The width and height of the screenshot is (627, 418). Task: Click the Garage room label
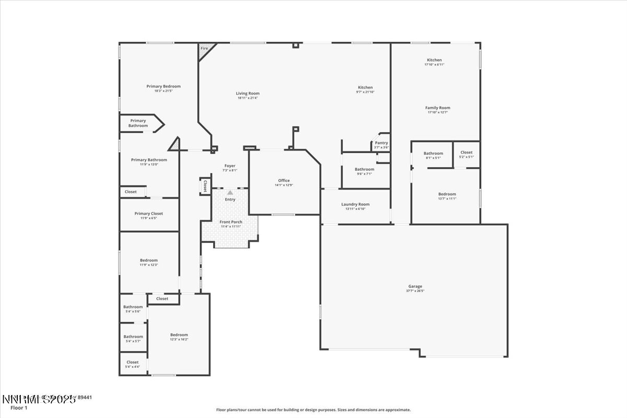click(x=415, y=286)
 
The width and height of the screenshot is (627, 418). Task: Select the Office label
click(x=284, y=181)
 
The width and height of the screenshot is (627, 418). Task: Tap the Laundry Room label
click(x=355, y=204)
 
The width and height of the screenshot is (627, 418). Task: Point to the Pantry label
click(x=381, y=143)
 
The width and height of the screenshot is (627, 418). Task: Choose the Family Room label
click(x=437, y=108)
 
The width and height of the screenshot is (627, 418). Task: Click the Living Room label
click(x=248, y=94)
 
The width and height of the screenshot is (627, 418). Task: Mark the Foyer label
click(x=230, y=166)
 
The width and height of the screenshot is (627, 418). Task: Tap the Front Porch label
click(x=230, y=222)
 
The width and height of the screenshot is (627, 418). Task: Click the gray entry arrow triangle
click(x=230, y=193)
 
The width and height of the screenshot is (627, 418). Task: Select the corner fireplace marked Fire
click(x=204, y=49)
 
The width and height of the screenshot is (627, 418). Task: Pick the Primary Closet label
click(x=149, y=213)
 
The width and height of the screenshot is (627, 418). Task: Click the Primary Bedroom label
click(x=164, y=86)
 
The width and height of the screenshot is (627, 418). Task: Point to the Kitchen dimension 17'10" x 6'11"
click(x=434, y=64)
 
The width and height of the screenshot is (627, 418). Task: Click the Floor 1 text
click(x=18, y=408)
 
